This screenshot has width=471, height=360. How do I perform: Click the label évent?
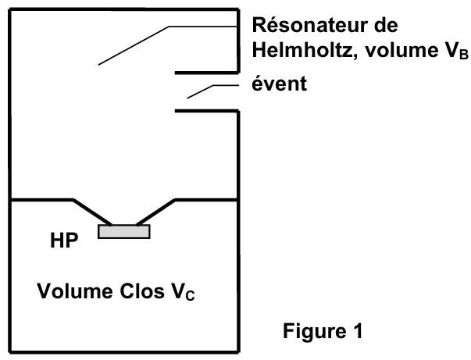279,84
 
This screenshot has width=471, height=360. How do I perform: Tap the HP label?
64,241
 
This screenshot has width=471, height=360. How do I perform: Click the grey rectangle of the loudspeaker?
124,231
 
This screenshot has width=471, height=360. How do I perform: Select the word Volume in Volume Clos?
75,291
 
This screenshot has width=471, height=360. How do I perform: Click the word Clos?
142,291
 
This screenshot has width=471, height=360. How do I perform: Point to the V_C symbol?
183,291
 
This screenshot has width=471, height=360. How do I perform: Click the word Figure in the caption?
314,331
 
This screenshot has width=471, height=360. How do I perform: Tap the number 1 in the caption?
358,331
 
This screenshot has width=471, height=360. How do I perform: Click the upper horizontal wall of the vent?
207,73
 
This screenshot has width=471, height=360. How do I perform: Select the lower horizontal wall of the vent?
207,111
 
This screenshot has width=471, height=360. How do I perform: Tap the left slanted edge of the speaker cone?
92,212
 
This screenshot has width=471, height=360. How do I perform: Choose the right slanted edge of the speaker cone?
156,212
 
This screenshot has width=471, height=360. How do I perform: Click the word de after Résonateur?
386,25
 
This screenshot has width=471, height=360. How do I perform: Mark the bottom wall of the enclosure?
124,351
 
